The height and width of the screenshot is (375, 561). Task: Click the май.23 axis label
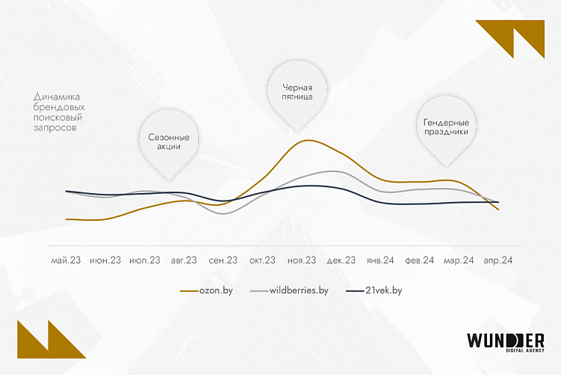pos(66,260)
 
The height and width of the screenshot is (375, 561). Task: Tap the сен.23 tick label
pos(223,260)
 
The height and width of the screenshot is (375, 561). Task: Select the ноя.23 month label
pos(301,260)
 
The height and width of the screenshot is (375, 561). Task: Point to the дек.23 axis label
pos(340,260)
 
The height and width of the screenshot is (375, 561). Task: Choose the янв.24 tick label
pos(379,260)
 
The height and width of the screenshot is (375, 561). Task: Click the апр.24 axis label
pos(498,260)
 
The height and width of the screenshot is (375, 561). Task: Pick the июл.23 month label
pos(144,260)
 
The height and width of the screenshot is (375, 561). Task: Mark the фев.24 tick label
pos(419,260)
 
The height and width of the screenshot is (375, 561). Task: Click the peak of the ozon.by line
pos(305,140)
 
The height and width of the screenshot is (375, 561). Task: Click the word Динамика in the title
pos(56,97)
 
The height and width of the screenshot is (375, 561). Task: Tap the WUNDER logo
pos(505,341)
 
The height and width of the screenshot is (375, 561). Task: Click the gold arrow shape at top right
pos(511,38)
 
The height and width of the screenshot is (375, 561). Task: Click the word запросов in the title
pos(55,128)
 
